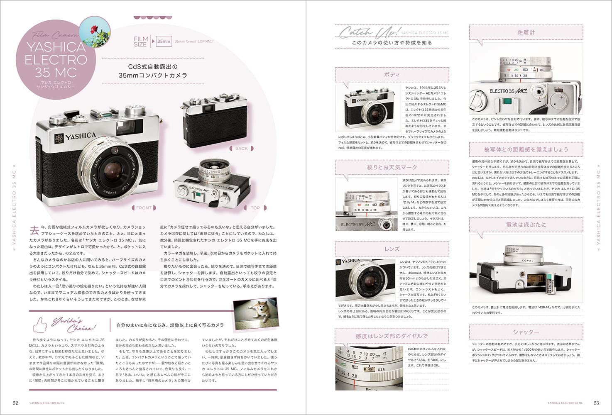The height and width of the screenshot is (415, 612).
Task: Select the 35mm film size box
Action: (x=163, y=41)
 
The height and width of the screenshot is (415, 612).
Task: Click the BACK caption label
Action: (x=241, y=148)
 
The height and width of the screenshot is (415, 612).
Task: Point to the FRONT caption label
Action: (x=144, y=207)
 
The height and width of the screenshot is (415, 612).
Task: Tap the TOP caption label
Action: (x=255, y=207)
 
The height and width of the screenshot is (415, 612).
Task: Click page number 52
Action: (x=15, y=403)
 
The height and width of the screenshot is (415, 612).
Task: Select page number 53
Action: (x=596, y=403)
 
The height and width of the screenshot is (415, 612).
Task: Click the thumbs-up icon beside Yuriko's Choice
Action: (x=40, y=324)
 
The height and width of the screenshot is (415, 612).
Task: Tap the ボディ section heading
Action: (x=392, y=75)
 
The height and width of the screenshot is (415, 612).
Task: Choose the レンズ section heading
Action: (x=392, y=249)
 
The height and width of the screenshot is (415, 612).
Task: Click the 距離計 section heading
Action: (x=526, y=32)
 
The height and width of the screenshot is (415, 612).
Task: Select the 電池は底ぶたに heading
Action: (x=526, y=225)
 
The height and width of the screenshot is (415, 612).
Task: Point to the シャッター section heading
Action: (x=526, y=332)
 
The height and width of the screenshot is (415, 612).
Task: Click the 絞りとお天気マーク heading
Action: (x=392, y=167)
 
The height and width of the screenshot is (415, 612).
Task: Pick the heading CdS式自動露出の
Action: (x=152, y=66)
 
